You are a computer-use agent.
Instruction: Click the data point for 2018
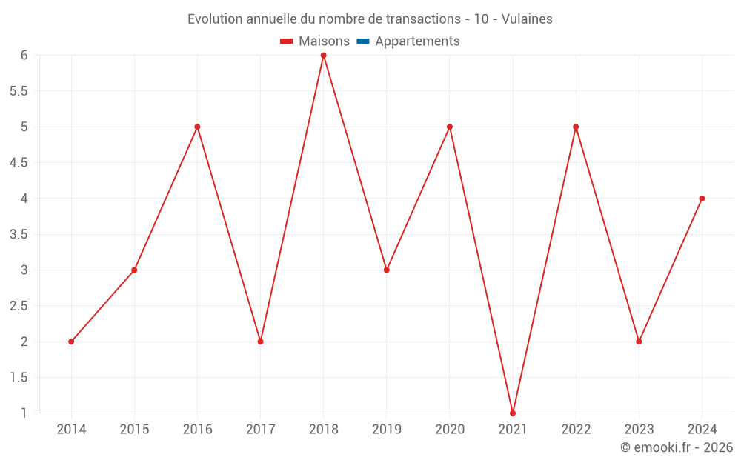click(323, 56)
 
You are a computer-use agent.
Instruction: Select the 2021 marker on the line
click(513, 413)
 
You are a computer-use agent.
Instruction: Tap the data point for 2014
click(71, 342)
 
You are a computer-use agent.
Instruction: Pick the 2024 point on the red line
click(702, 199)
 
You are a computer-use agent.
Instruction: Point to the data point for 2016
click(197, 127)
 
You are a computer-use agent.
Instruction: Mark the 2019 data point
click(387, 270)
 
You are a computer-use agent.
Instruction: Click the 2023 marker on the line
click(639, 342)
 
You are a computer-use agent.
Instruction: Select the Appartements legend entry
click(417, 41)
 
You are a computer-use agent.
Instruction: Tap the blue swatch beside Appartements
click(363, 41)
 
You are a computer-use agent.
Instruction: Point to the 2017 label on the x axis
click(260, 430)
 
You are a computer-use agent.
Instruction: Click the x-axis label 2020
click(450, 430)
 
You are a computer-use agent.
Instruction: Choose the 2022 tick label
click(576, 430)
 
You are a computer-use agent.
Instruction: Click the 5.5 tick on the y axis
click(19, 91)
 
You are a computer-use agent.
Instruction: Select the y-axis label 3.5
click(19, 234)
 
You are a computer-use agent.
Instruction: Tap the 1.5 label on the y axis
click(19, 377)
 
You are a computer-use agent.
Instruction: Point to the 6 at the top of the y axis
click(24, 56)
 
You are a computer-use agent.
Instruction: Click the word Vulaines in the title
click(527, 19)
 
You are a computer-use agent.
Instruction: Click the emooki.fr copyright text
click(677, 447)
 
